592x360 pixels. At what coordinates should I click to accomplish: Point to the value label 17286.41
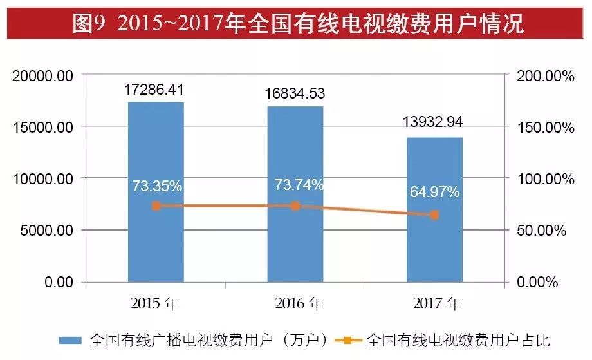point(155,90)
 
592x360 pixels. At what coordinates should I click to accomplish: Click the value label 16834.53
point(295,94)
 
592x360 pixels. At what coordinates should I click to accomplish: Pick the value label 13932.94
point(434,122)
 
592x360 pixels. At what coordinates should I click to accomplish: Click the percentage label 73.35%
point(157,186)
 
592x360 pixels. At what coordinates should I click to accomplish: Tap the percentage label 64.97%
point(435,191)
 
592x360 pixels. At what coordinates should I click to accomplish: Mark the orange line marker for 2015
point(156,206)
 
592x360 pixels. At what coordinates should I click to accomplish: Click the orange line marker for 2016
point(295,206)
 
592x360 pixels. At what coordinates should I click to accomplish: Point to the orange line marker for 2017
point(434,215)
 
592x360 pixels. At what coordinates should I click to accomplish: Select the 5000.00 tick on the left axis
point(46,231)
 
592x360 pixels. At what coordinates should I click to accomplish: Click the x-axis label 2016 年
point(297,303)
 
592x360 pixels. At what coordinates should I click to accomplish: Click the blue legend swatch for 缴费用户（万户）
point(71,339)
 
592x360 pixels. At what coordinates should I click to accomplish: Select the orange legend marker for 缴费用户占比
point(348,339)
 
